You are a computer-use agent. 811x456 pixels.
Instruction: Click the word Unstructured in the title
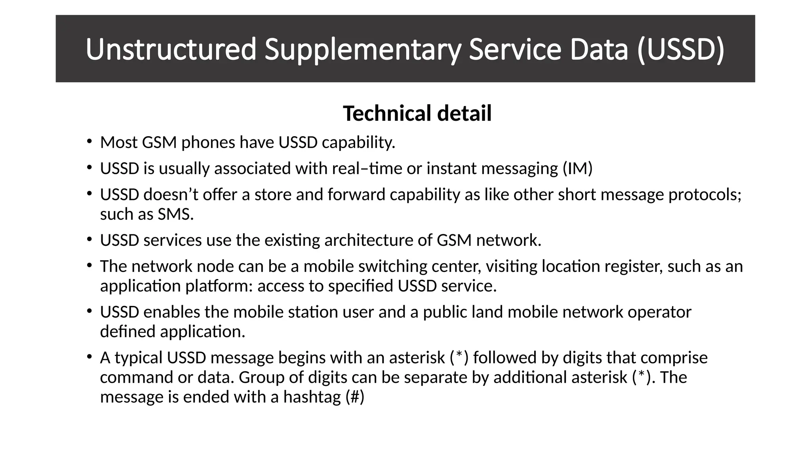click(x=171, y=49)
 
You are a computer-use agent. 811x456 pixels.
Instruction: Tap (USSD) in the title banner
click(x=681, y=49)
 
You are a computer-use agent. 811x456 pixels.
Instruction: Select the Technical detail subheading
click(x=417, y=113)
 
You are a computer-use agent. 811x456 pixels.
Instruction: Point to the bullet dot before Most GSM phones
click(x=89, y=141)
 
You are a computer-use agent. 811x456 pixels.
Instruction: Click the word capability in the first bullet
click(x=358, y=142)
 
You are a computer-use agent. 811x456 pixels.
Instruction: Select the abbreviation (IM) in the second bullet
click(x=577, y=169)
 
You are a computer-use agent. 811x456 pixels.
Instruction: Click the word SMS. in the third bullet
click(x=176, y=214)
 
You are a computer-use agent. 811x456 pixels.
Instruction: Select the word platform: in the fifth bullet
click(x=219, y=286)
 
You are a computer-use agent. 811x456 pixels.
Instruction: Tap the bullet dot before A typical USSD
click(x=89, y=357)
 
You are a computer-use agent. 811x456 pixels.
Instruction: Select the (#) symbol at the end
click(x=355, y=397)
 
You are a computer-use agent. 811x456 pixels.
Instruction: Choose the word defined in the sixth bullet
click(x=128, y=331)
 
